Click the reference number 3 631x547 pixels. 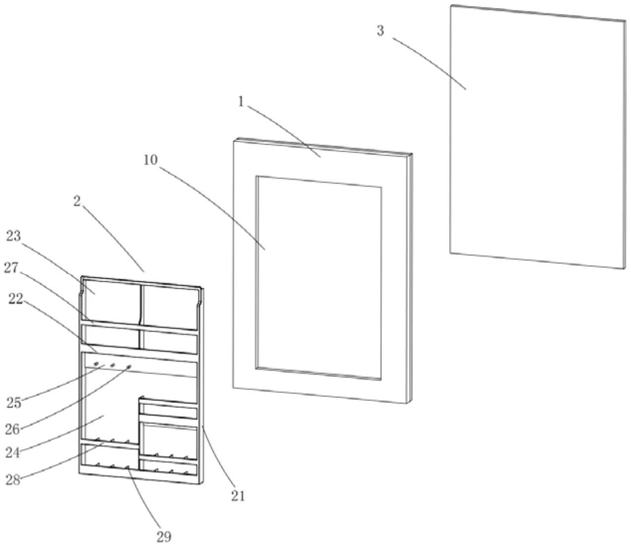(380, 31)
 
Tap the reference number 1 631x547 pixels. (241, 102)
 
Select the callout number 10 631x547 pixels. (150, 160)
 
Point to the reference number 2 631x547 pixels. (78, 201)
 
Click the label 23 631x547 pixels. (13, 236)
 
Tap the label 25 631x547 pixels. (14, 402)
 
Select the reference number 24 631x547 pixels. (13, 453)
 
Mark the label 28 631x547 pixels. (13, 479)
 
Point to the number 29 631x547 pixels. (164, 537)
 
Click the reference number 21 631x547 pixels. (238, 496)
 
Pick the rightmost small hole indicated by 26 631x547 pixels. (129, 367)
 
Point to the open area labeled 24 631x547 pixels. (107, 407)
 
